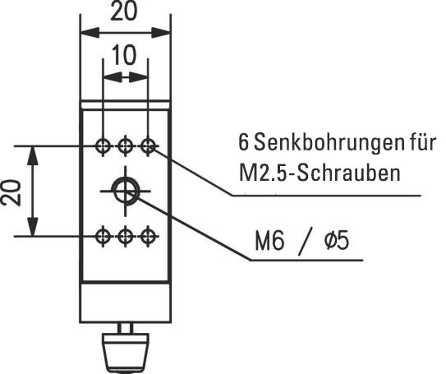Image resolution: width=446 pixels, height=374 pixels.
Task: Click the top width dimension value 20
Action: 123,12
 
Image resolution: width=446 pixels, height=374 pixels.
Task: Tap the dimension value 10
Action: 124,55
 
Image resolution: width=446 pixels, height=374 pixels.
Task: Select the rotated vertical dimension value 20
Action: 11,192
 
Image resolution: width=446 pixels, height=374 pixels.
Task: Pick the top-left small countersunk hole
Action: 103,146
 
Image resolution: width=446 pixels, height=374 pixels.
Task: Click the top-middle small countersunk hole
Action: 125,146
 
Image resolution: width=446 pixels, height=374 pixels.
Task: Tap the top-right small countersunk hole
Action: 148,146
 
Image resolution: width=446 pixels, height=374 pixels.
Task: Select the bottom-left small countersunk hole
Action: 103,236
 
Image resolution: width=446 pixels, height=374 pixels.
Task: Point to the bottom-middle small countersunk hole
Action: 125,236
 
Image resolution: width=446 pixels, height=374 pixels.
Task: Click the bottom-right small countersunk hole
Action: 148,236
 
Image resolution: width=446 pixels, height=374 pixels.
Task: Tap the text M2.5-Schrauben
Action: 320,173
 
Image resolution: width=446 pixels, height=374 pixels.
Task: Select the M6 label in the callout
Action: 269,242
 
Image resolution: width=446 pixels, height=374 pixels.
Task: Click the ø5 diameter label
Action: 337,241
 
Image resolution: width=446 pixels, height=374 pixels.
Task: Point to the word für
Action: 422,141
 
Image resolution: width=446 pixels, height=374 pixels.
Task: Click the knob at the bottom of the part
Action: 126,353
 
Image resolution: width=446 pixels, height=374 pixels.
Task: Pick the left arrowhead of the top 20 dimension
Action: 90,33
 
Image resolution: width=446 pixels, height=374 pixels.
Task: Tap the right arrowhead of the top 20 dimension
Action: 161,33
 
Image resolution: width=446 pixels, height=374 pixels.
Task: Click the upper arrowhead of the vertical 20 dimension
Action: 33,155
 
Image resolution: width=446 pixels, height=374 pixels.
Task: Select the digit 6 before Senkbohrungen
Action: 243,142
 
